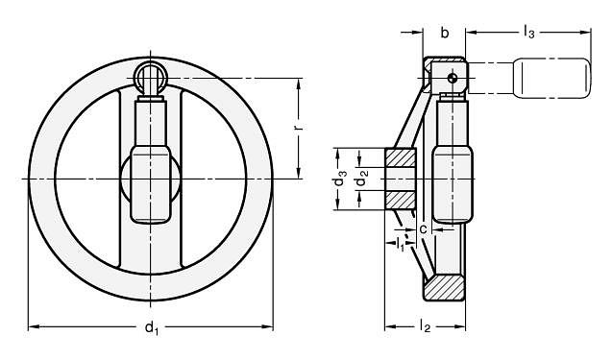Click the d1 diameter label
[151, 329]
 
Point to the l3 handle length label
[528, 33]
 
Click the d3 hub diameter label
[339, 180]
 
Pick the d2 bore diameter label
[360, 180]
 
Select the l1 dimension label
[402, 246]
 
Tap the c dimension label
[423, 228]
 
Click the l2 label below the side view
[425, 329]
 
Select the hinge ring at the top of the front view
[150, 74]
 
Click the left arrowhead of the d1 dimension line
[32, 327]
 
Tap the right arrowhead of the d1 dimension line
[270, 327]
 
